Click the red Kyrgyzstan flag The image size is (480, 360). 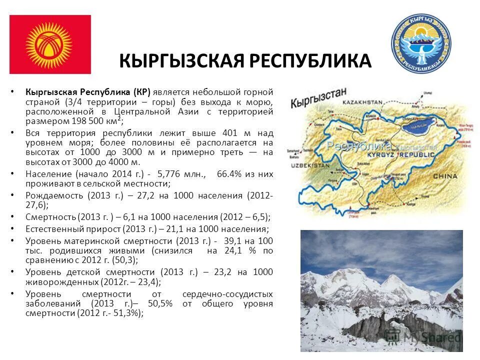[x=50, y=44]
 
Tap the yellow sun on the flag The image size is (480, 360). [x=48, y=44]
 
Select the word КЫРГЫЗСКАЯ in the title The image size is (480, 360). [x=181, y=60]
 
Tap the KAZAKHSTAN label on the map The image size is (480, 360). [x=361, y=102]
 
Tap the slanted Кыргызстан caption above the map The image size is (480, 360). [x=318, y=97]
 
